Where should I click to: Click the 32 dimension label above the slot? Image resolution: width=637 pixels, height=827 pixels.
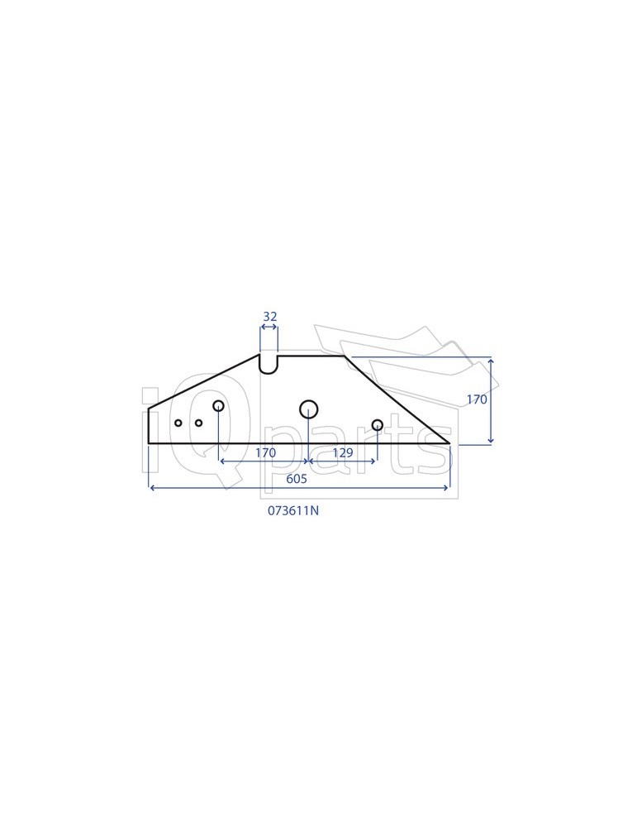click(269, 317)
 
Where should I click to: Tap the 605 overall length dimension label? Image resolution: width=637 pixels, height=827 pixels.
click(297, 479)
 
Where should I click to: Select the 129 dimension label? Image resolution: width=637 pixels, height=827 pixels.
click(342, 452)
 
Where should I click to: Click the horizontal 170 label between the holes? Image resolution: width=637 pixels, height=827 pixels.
click(265, 452)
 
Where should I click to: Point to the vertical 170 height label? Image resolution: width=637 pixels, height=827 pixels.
click(477, 399)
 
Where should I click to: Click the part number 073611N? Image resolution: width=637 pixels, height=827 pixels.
click(292, 511)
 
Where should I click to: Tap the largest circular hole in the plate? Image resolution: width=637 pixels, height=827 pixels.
click(309, 408)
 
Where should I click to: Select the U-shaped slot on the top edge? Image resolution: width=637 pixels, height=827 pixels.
click(269, 364)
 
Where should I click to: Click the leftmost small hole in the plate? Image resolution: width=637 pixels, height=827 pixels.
click(178, 423)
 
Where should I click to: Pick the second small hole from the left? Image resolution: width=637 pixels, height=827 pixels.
click(199, 423)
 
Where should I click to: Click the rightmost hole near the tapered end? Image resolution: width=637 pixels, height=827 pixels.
click(378, 425)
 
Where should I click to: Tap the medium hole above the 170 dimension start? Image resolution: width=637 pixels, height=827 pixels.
click(219, 406)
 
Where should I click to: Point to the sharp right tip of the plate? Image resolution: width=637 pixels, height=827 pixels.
click(449, 443)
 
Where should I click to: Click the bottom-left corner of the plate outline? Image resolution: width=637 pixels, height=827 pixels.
click(149, 443)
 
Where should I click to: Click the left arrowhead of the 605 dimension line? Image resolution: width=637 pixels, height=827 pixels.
click(151, 488)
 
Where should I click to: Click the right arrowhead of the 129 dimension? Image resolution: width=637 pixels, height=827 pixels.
click(375, 460)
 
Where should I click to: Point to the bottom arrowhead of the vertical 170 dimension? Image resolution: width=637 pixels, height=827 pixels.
click(492, 442)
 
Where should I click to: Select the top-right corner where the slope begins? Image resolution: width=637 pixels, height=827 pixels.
click(344, 356)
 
